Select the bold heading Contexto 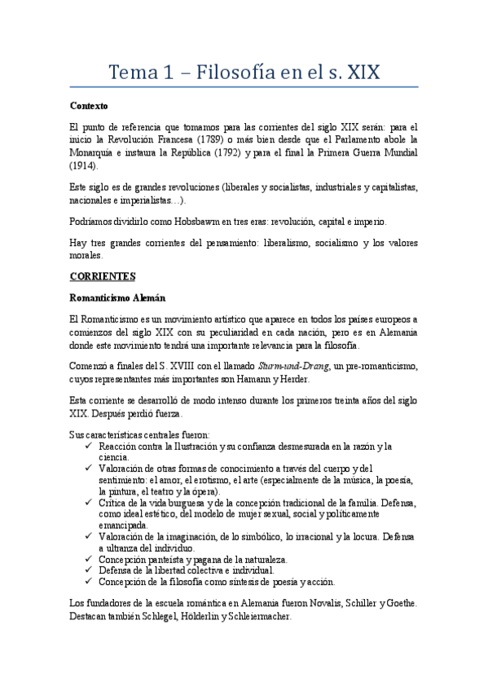coord(89,106)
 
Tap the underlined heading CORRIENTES coord(103,277)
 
